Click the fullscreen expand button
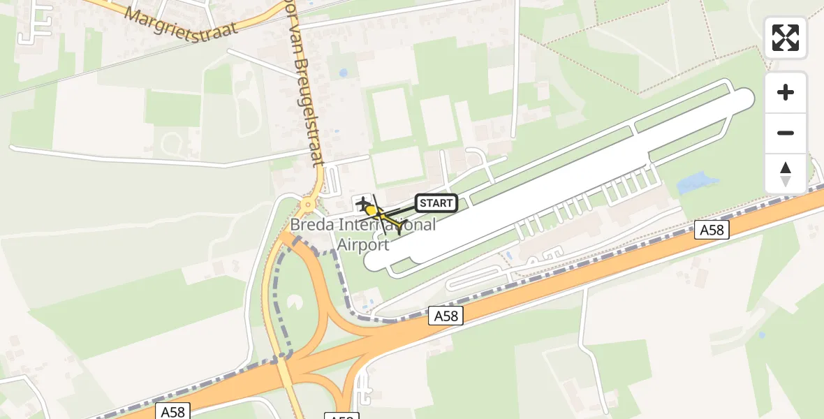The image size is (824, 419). pos(786,38)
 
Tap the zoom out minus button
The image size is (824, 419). pos(786,133)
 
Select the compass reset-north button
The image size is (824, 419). pos(786,173)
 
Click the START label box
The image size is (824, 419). pos(436,203)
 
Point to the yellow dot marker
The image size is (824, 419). pos(371,210)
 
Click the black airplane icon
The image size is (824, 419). pos(362,204)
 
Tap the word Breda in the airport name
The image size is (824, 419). pos(313,225)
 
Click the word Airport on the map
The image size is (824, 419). pos(362,244)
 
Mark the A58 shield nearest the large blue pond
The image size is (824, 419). pos(712,230)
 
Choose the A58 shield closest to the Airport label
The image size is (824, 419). pos(446,316)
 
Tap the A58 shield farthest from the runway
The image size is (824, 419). pos(172,411)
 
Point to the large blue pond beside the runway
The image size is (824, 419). pos(698,184)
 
